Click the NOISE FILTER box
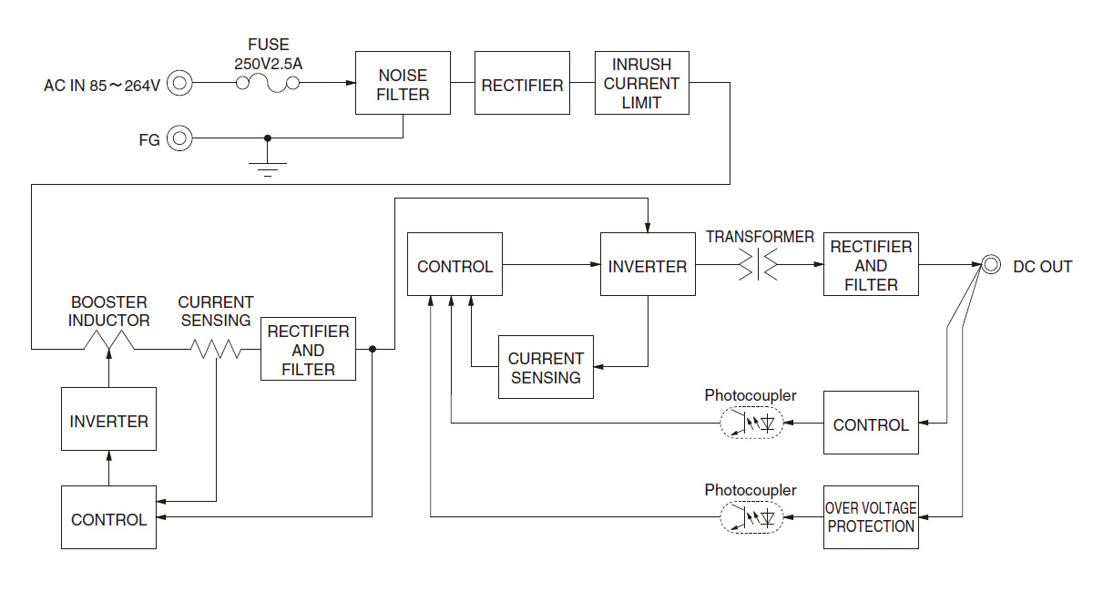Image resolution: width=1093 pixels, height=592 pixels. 403,84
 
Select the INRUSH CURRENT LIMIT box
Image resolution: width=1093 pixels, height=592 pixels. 641,84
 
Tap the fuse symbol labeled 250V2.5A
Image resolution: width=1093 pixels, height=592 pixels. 268,84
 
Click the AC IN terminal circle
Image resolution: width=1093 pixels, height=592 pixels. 181,85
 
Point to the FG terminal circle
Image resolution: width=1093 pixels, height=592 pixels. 181,138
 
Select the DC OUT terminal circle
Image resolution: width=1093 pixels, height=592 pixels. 991,266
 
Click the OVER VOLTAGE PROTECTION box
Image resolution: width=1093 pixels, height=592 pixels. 871,517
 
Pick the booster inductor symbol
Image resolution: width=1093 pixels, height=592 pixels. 108,342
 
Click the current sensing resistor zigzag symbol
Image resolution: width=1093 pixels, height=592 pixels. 216,349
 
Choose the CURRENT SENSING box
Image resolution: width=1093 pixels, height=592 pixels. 546,368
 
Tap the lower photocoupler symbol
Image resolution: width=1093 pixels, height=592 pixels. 751,517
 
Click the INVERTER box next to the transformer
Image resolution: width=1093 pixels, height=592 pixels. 647,265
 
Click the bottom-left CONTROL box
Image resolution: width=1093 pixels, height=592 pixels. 108,517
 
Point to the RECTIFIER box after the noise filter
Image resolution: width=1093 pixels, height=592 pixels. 522,84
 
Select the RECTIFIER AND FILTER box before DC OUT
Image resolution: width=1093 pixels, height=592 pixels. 871,265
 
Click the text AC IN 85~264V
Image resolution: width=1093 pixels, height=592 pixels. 102,86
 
